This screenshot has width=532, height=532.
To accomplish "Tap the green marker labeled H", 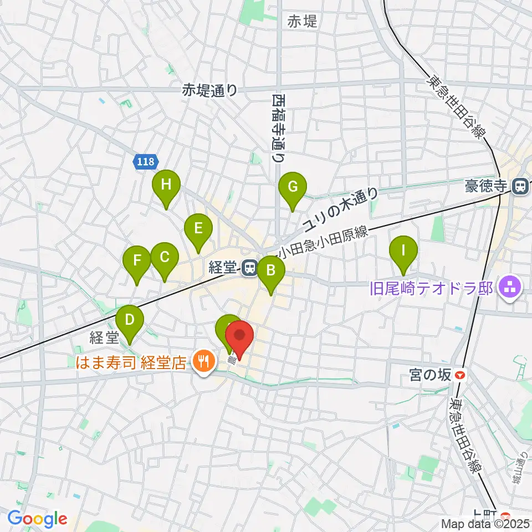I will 166,185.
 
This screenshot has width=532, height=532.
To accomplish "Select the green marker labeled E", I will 197,228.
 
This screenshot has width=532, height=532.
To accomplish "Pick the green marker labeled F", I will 137,259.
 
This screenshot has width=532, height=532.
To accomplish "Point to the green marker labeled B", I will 271,270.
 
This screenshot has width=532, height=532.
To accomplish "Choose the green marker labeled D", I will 130,320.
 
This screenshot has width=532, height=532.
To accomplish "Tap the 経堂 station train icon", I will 249,269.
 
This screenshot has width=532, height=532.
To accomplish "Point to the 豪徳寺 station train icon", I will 520,187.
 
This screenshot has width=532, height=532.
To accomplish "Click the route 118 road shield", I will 146,162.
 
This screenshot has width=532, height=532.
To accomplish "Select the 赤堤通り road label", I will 210,90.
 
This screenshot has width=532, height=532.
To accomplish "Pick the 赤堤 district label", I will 303,22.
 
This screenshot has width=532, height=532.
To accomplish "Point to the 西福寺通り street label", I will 278,127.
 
